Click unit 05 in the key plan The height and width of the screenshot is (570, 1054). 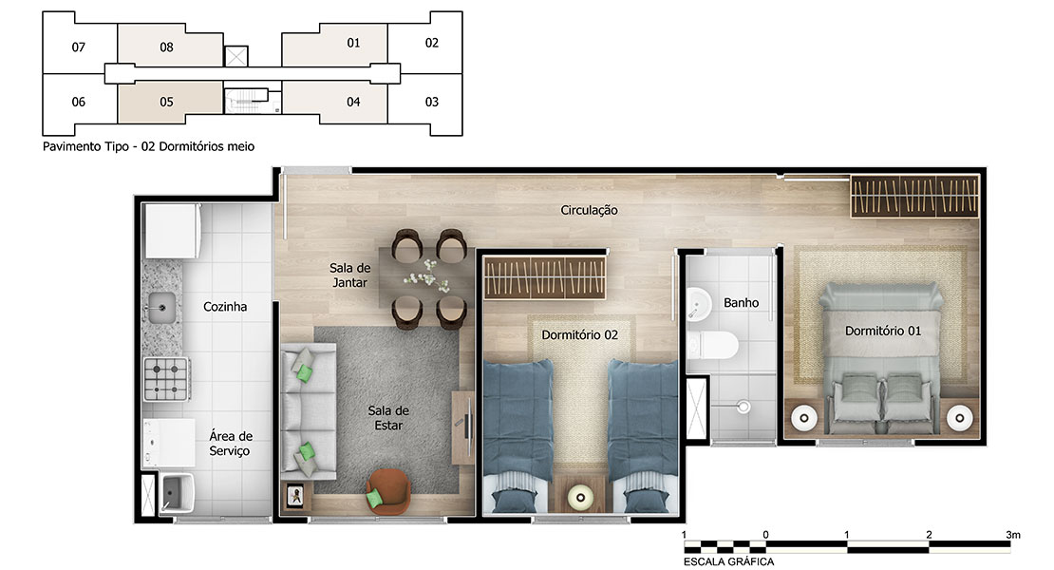click(x=167, y=103)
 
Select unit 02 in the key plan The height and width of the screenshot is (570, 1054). click(x=431, y=43)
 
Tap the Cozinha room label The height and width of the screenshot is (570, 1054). click(x=225, y=307)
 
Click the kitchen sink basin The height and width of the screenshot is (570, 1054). click(x=161, y=308)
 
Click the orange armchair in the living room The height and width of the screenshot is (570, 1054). click(x=387, y=492)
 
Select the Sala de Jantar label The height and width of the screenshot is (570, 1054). click(x=349, y=275)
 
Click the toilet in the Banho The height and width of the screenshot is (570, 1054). click(x=712, y=345)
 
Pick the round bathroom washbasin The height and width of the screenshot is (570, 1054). click(x=699, y=305)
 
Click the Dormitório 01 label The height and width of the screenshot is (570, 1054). click(x=882, y=331)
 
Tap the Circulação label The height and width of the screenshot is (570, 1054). click(x=589, y=210)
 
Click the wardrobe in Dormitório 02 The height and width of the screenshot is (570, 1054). click(x=544, y=277)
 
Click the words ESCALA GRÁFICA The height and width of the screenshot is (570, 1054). click(x=728, y=561)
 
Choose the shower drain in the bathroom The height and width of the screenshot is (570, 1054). click(x=743, y=407)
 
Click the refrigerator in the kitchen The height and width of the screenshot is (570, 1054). click(x=172, y=231)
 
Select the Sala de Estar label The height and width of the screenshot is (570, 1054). click(x=388, y=417)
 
